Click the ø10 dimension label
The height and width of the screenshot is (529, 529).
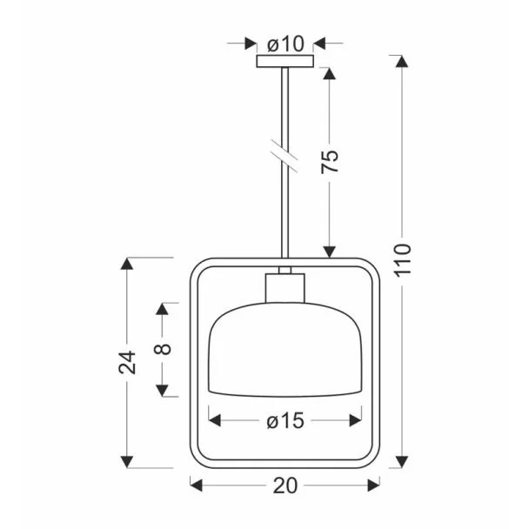pyautogui.click(x=285, y=44)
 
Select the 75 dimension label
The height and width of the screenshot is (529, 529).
pyautogui.click(x=330, y=161)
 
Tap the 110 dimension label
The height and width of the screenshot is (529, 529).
pyautogui.click(x=403, y=260)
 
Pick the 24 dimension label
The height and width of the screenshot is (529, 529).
pyautogui.click(x=127, y=362)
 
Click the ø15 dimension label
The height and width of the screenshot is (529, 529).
pyautogui.click(x=285, y=421)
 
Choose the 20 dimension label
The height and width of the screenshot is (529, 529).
pyautogui.click(x=285, y=485)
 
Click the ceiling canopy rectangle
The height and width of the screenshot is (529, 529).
pyautogui.click(x=285, y=61)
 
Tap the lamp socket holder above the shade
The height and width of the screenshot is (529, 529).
pyautogui.click(x=285, y=288)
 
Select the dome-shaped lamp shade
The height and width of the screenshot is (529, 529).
pyautogui.click(x=285, y=350)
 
